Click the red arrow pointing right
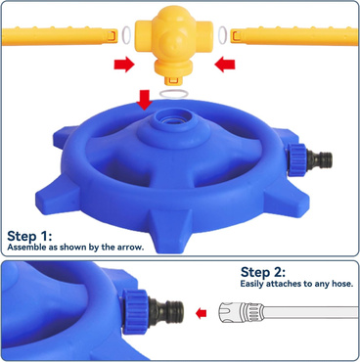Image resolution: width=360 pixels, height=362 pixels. click(x=124, y=65)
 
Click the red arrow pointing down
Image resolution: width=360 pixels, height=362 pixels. click(x=144, y=100)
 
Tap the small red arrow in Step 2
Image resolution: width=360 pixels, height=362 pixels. click(x=202, y=314)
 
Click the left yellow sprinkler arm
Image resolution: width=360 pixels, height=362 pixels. click(x=60, y=36)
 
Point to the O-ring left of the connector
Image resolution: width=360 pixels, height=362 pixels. click(x=126, y=34)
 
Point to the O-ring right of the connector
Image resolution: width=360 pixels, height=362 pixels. click(x=223, y=34)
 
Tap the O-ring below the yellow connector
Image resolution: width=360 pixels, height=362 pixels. click(x=174, y=94)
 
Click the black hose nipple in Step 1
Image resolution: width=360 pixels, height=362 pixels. click(x=320, y=159)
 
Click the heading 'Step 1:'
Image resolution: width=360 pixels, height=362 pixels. click(x=29, y=236)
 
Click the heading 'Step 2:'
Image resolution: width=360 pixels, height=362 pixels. click(x=263, y=272)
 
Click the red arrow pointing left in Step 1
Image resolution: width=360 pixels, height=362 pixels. click(x=225, y=65)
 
